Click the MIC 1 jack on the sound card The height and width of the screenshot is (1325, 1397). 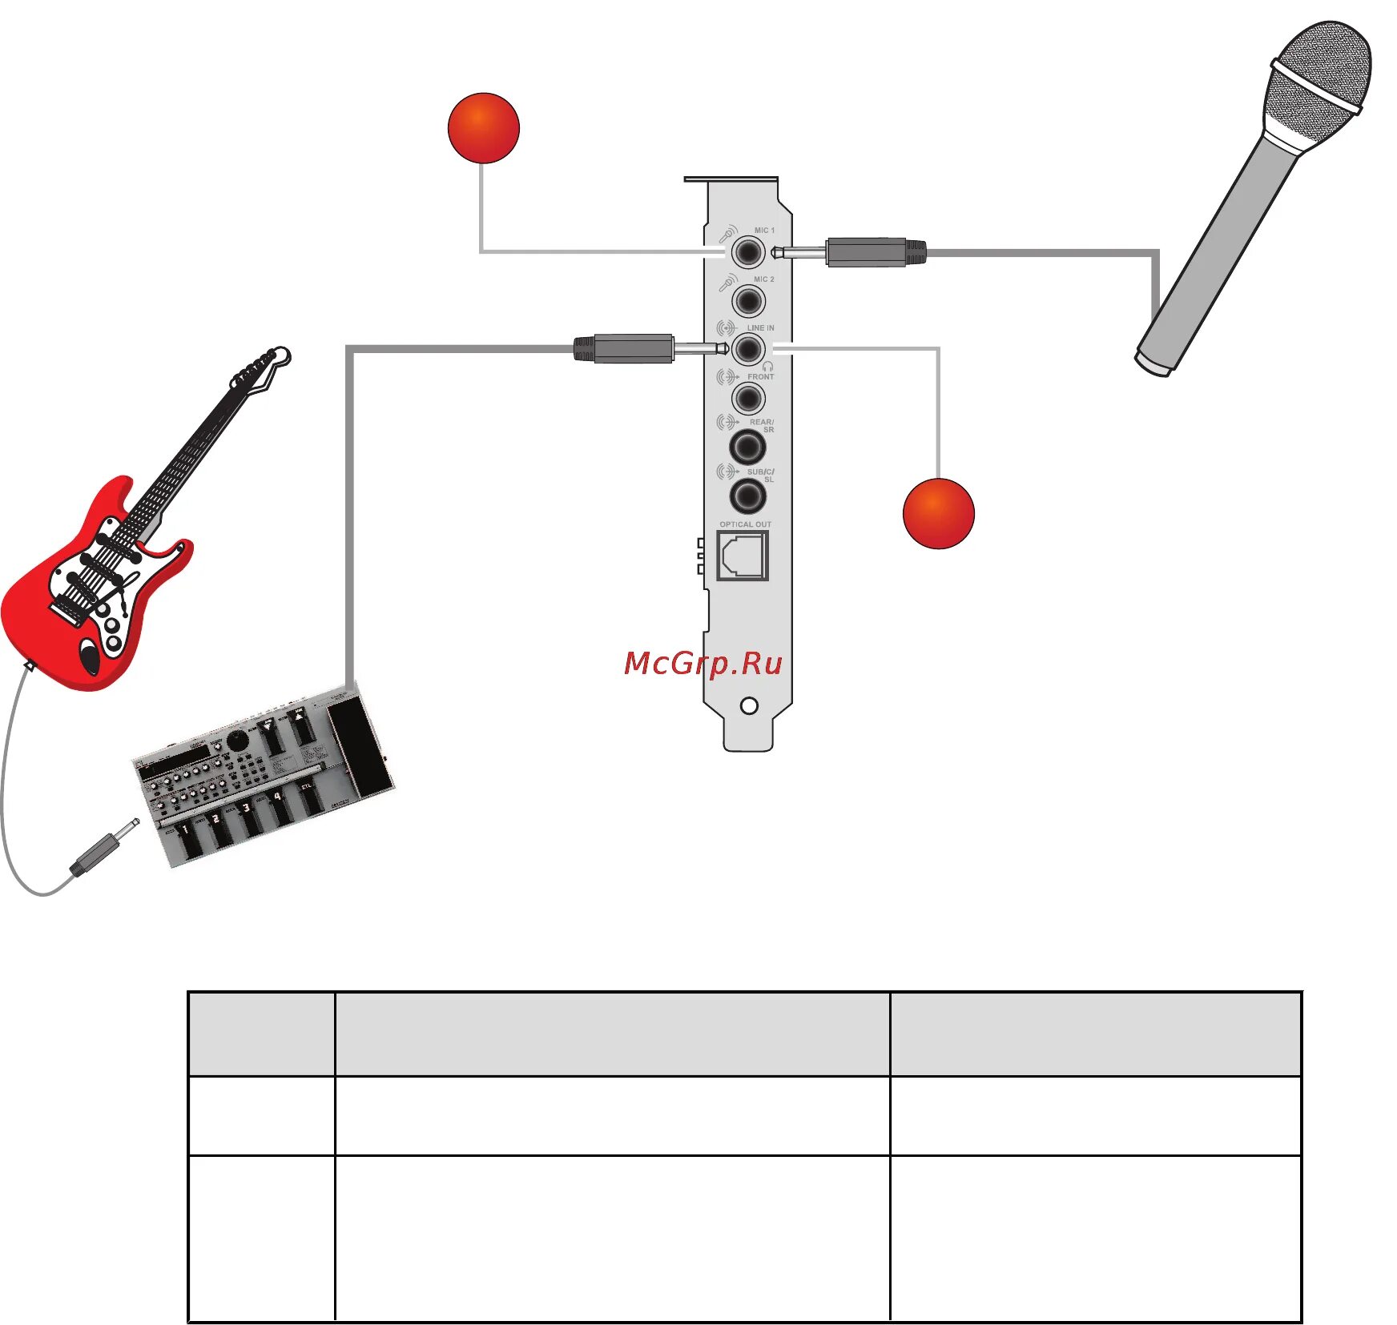click(x=748, y=253)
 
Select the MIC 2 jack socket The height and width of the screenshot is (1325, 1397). click(x=748, y=302)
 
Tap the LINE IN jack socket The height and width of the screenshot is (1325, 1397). click(x=748, y=349)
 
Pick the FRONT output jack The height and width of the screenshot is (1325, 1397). click(x=748, y=398)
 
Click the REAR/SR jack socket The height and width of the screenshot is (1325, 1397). click(x=747, y=447)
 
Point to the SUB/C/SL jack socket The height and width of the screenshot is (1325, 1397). click(x=747, y=496)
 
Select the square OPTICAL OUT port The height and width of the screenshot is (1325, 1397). click(x=743, y=554)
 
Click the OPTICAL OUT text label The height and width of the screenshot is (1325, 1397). click(x=745, y=524)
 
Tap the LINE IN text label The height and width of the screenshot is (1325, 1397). click(x=760, y=328)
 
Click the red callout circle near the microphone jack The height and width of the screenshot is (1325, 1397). click(x=484, y=128)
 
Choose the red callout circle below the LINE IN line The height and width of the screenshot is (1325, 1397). click(x=938, y=513)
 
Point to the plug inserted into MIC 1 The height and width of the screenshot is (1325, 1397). click(x=865, y=252)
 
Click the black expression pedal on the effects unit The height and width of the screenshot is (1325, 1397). click(x=360, y=746)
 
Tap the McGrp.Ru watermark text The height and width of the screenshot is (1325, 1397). click(x=703, y=664)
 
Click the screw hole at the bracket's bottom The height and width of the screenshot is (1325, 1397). click(x=749, y=706)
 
